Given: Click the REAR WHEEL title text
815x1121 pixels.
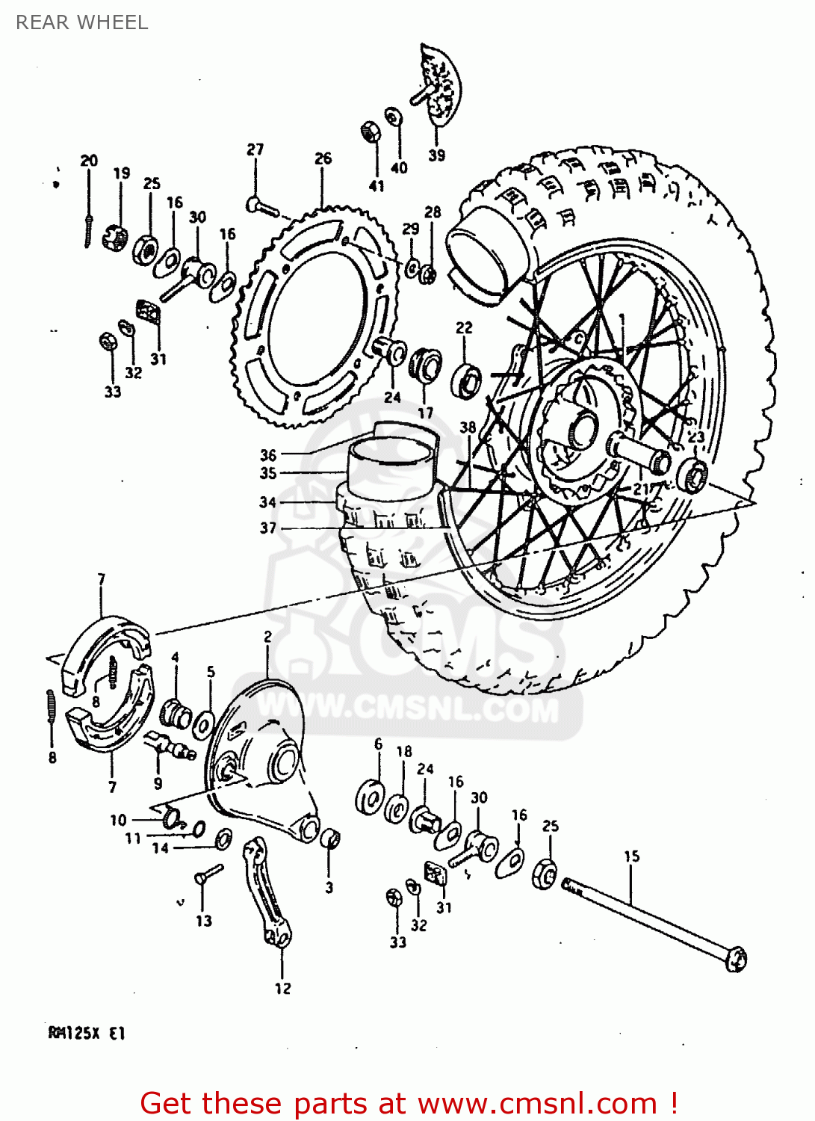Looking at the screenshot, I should click(82, 22).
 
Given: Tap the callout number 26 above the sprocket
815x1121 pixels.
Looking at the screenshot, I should click(323, 158).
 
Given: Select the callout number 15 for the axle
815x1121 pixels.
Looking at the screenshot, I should click(631, 856).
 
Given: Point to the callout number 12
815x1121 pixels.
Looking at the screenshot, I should click(282, 989).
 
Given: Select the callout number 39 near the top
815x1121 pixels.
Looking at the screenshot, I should click(437, 155).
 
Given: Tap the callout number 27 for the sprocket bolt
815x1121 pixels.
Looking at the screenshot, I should click(255, 149).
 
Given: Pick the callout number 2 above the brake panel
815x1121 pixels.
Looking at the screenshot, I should click(267, 637).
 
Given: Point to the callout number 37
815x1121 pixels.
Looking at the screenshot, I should click(268, 528).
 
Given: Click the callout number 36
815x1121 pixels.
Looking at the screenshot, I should click(268, 454).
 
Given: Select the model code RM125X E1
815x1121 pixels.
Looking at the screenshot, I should click(87, 1034).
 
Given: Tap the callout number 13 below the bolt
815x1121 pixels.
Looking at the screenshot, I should click(204, 921).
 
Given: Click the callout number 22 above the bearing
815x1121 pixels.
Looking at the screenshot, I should click(464, 327).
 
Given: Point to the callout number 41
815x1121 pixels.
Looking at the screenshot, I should click(376, 186).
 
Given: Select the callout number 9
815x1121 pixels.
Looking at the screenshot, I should click(158, 783).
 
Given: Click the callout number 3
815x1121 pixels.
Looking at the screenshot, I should click(329, 888).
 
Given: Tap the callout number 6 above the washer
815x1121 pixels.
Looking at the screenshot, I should click(378, 744).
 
